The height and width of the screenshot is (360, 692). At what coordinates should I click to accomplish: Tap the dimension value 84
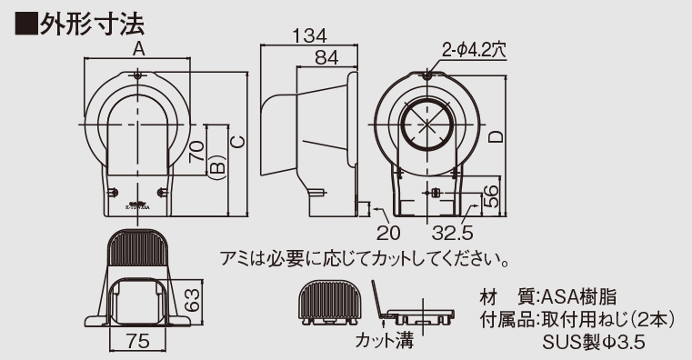click(x=326, y=58)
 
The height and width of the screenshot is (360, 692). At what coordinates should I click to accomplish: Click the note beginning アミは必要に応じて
click(x=364, y=259)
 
